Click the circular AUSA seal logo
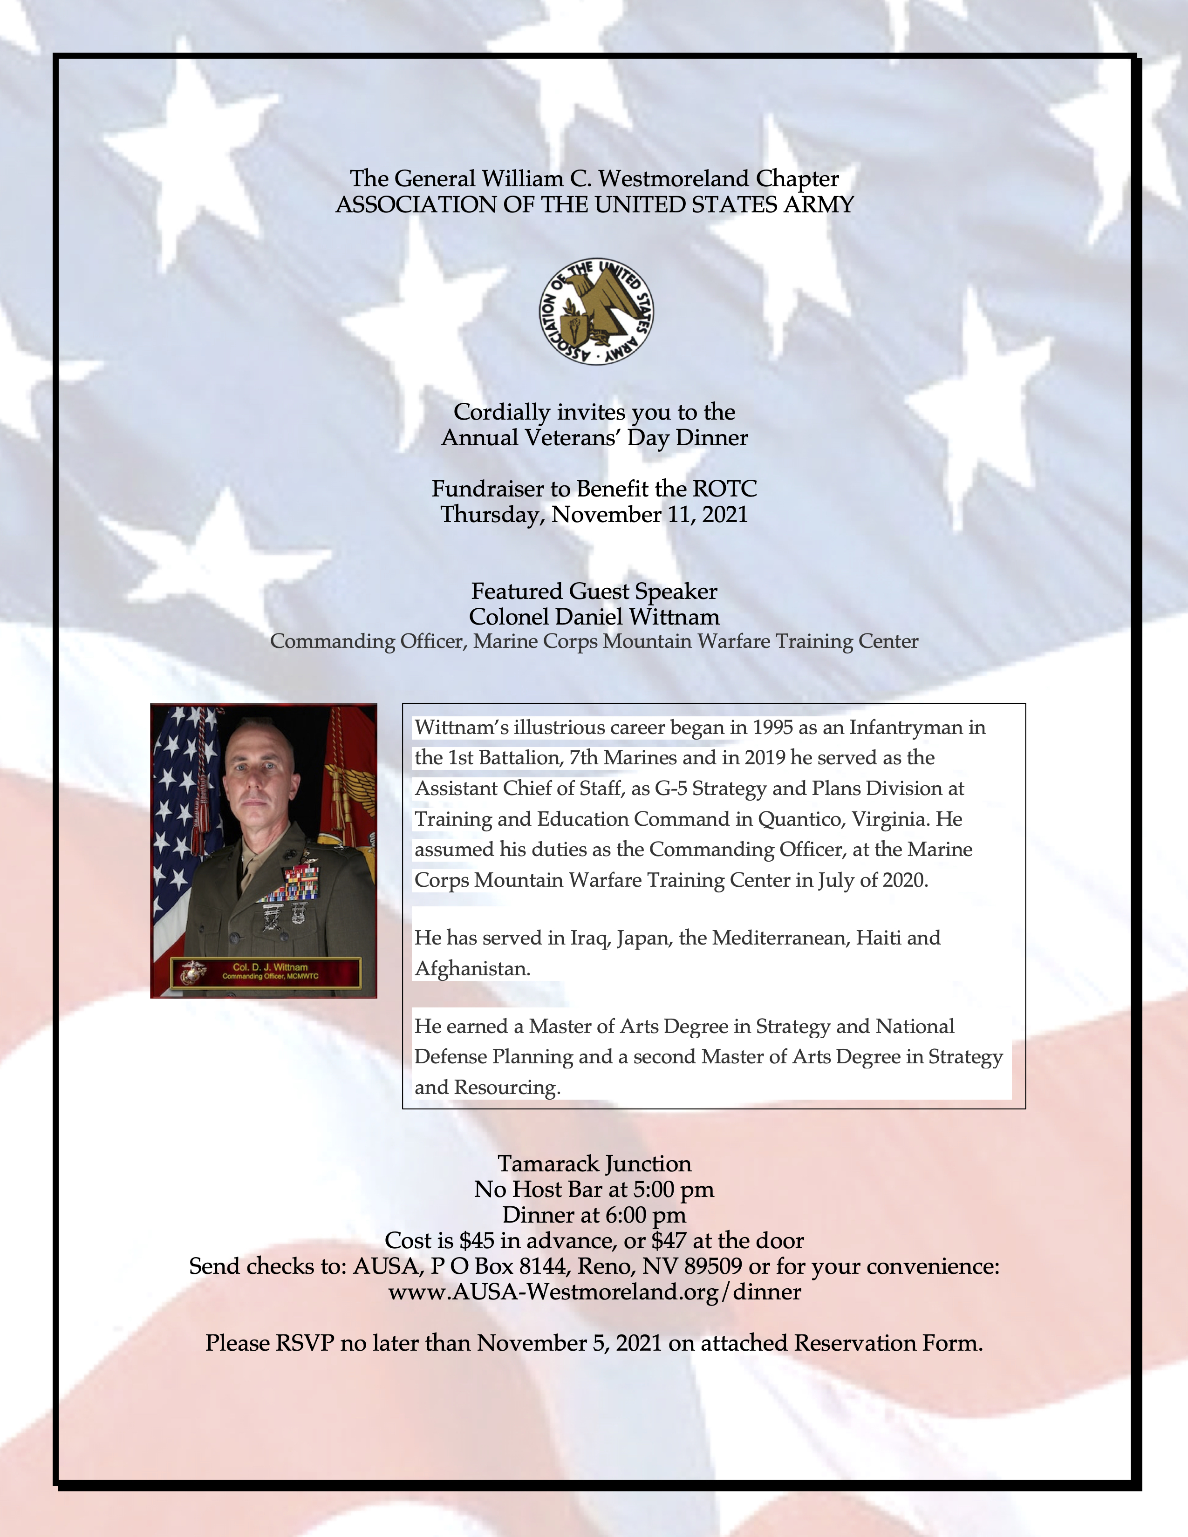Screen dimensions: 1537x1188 (x=595, y=311)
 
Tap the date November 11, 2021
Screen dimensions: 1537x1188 (x=649, y=515)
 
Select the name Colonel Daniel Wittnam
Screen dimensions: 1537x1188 (x=594, y=617)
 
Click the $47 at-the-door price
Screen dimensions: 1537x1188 (x=669, y=1241)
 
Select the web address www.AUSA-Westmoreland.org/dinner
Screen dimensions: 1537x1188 (x=594, y=1292)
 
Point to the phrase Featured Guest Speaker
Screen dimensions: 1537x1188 (x=594, y=591)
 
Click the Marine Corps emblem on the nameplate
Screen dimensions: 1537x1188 (x=191, y=972)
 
